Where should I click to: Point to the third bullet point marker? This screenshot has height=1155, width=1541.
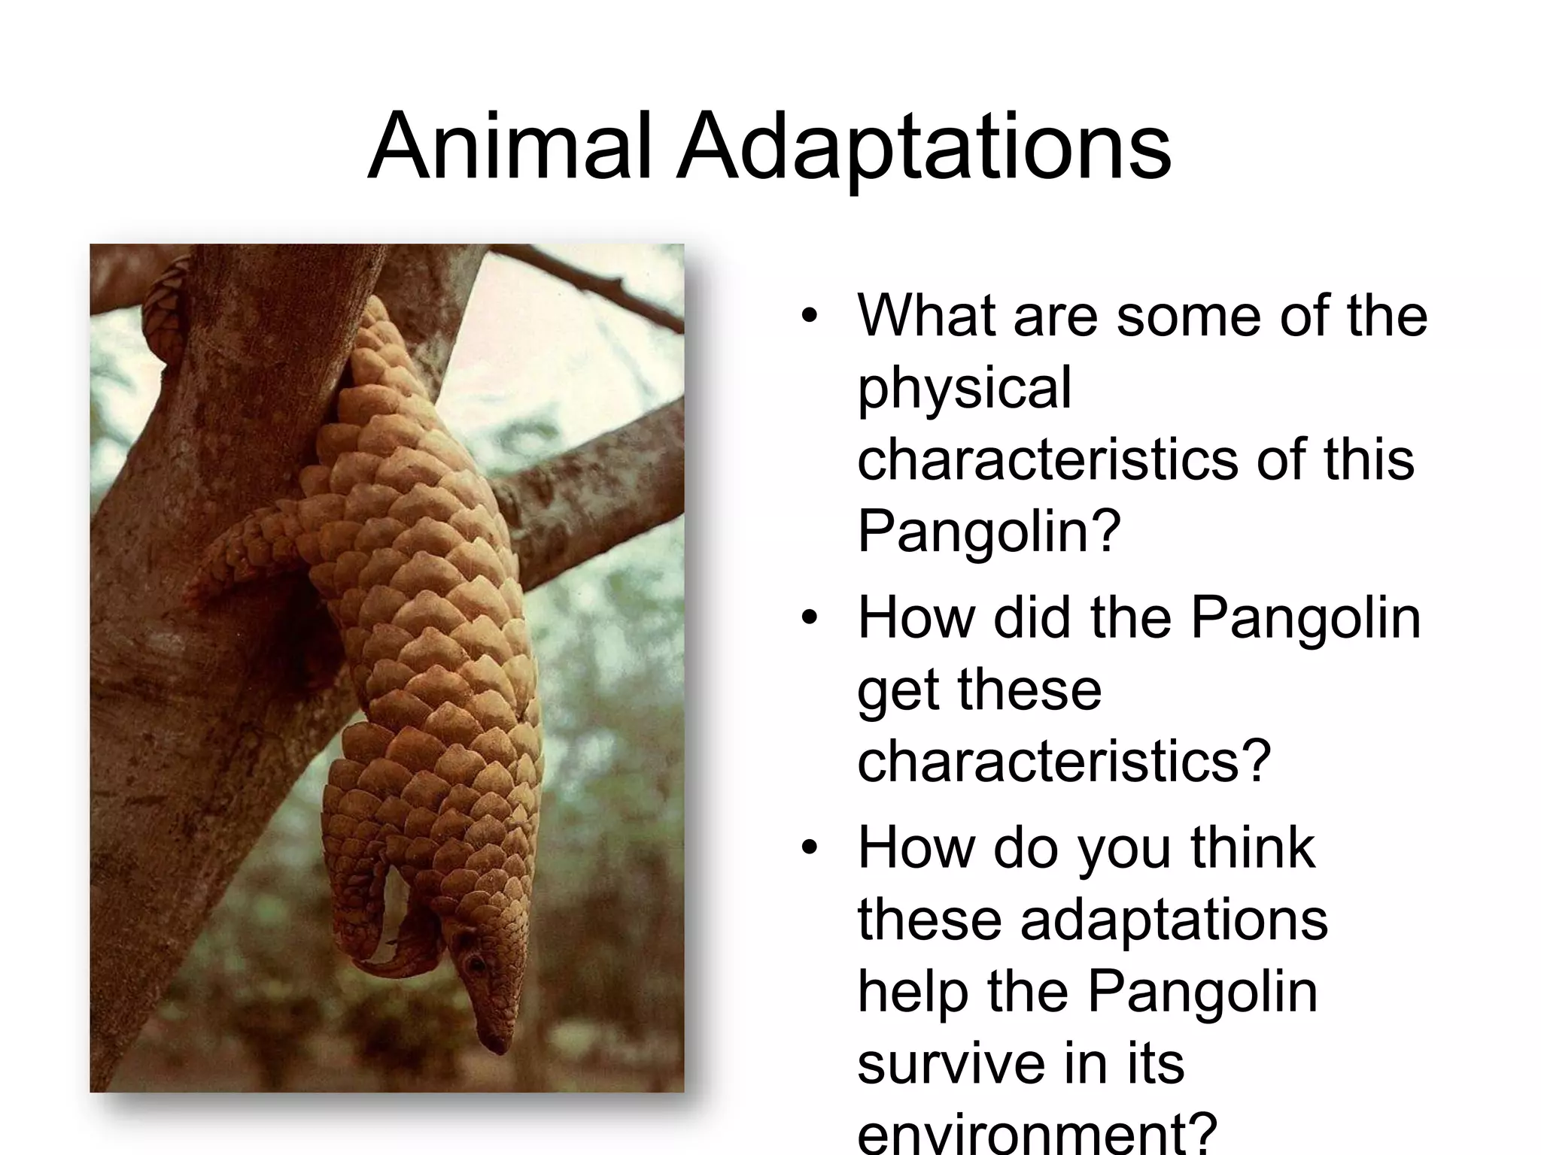coord(809,847)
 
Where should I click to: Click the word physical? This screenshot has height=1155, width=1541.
coord(964,388)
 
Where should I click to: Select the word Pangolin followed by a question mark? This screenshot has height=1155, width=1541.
coord(989,531)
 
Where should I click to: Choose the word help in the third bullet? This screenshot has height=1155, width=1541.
coord(912,991)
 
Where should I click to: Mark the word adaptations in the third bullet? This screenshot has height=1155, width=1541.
coord(1174,920)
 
